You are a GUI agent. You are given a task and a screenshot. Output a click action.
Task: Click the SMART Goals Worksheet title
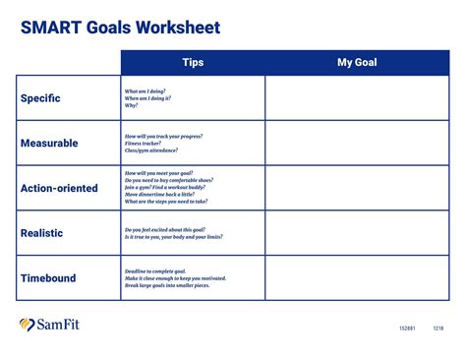pos(120,28)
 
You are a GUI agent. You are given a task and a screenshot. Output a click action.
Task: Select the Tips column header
pos(193,63)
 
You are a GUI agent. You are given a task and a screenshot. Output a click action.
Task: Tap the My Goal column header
pos(357,63)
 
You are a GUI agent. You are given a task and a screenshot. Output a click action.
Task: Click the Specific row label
pos(40,98)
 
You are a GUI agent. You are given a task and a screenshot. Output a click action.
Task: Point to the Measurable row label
pos(49,143)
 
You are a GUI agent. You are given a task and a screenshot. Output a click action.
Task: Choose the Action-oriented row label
pos(59,188)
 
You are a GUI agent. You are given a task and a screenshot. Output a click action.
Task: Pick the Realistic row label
pos(41,233)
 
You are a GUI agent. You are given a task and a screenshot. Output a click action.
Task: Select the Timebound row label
pos(48,278)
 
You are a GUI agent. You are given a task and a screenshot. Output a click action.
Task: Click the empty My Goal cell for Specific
pos(357,98)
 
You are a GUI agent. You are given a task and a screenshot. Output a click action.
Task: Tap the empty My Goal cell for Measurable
pos(357,143)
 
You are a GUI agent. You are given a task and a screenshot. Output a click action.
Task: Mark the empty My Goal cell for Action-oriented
pos(357,188)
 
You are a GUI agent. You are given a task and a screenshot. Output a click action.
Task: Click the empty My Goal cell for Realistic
pos(357,233)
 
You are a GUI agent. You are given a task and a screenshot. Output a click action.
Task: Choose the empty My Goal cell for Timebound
pos(357,278)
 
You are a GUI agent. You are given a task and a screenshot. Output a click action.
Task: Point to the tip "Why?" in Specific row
pos(131,105)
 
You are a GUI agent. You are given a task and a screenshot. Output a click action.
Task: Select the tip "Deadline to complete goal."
pos(155,270)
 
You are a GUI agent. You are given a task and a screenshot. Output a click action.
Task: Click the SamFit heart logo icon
pos(28,325)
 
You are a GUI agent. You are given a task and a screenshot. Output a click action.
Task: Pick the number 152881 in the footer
pos(407,329)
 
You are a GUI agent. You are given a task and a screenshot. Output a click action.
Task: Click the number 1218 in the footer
pos(438,329)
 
